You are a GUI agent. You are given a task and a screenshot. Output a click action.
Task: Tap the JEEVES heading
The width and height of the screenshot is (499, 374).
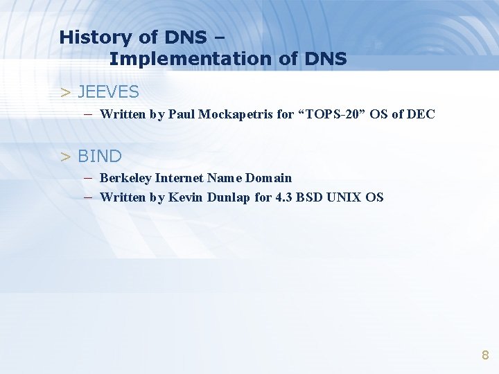pyautogui.click(x=108, y=91)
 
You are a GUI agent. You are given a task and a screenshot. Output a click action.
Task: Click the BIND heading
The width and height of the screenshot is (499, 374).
pyautogui.click(x=99, y=156)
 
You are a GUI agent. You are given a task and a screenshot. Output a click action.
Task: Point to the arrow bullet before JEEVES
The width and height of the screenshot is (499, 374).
pyautogui.click(x=66, y=91)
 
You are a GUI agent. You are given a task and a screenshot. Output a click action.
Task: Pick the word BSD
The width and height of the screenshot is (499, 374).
pyautogui.click(x=310, y=197)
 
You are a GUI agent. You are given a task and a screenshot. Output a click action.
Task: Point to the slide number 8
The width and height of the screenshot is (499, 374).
pyautogui.click(x=485, y=355)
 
